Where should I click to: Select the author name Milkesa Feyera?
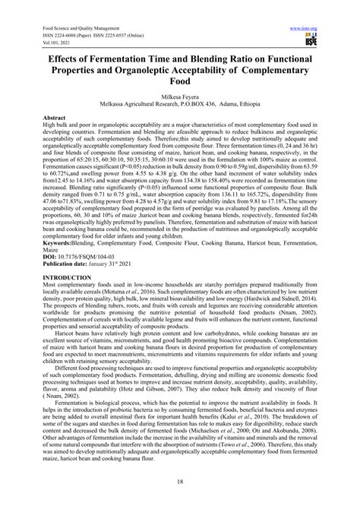(x=179, y=99)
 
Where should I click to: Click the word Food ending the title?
(x=179, y=82)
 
